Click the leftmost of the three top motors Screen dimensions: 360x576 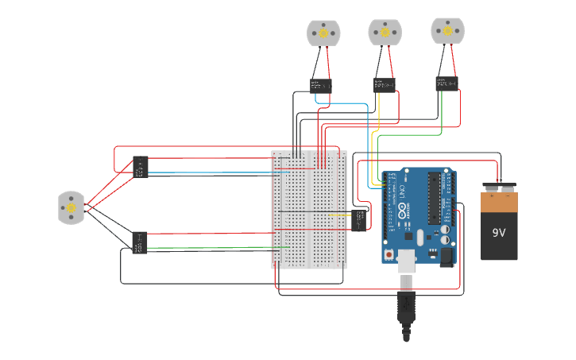[323, 33]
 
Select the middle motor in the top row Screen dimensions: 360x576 [385, 33]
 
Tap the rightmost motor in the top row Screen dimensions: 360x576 [447, 30]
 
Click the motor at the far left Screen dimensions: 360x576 [71, 207]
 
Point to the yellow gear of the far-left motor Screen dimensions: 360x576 [71, 207]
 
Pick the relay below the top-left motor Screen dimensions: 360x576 [320, 85]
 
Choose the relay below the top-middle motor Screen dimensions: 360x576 [385, 85]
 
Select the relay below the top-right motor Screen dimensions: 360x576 [446, 83]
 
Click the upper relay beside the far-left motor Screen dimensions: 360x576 [141, 167]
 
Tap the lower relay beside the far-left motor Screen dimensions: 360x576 [139, 242]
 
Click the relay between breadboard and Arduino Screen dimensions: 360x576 [359, 219]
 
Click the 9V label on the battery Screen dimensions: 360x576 [499, 233]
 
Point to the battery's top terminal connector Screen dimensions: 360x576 [499, 189]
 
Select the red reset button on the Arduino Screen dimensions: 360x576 [389, 254]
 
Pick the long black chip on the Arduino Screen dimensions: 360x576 [434, 199]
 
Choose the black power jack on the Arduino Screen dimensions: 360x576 [446, 256]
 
